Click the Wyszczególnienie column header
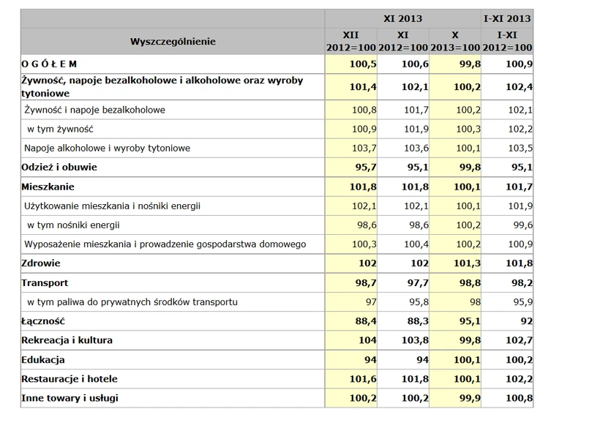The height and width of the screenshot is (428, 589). pyautogui.click(x=173, y=42)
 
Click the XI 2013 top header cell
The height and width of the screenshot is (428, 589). pyautogui.click(x=402, y=17)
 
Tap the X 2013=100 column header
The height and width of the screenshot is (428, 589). pyautogui.click(x=454, y=42)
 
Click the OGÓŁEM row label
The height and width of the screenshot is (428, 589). pyautogui.click(x=48, y=65)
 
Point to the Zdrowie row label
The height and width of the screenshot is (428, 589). pyautogui.click(x=41, y=263)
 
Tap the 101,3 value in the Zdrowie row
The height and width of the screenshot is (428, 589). pyautogui.click(x=461, y=263)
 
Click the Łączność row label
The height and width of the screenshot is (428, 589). pyautogui.click(x=44, y=320)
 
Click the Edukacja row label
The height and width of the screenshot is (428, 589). pyautogui.click(x=44, y=360)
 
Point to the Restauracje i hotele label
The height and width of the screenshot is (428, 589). pyautogui.click(x=70, y=379)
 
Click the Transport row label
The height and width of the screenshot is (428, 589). pyautogui.click(x=45, y=282)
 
